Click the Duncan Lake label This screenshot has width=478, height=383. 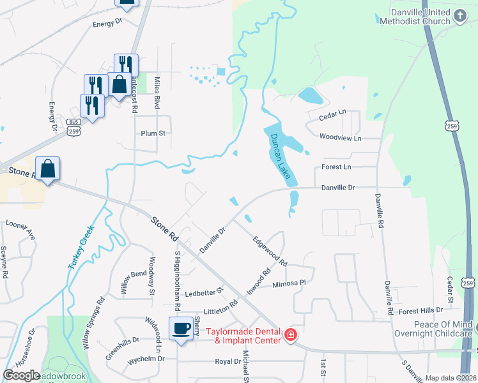(x=280, y=156)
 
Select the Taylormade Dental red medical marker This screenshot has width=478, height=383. (x=290, y=334)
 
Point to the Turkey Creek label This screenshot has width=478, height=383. (x=81, y=247)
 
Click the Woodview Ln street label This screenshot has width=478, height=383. (x=340, y=138)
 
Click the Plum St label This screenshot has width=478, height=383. (x=153, y=133)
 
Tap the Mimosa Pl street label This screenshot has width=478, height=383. (x=290, y=283)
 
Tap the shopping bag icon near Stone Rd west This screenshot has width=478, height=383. (x=47, y=169)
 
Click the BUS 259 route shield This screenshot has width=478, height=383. (x=75, y=126)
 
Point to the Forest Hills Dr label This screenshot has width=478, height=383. (x=420, y=310)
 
